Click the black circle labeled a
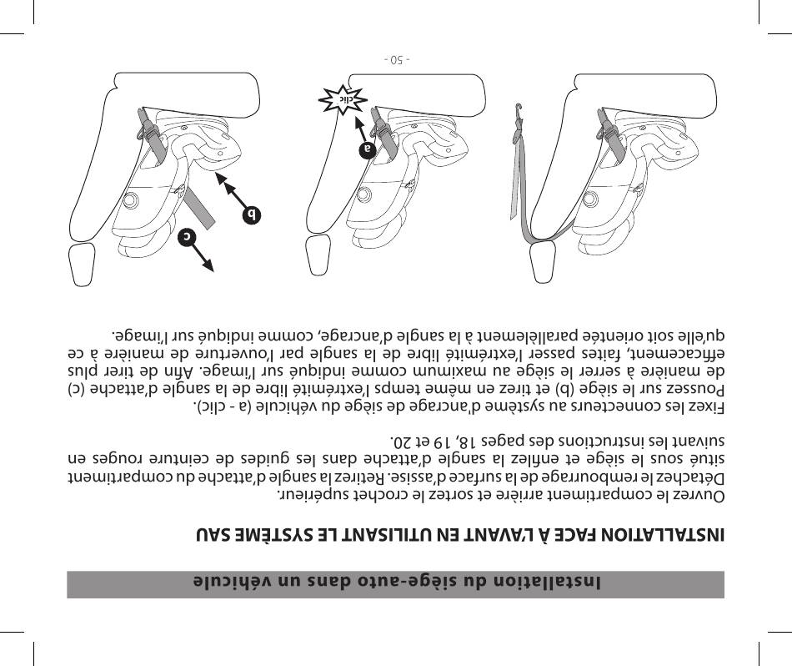(x=368, y=149)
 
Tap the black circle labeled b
(x=251, y=215)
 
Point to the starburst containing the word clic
(x=343, y=98)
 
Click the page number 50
(x=397, y=60)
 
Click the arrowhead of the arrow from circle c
(x=208, y=265)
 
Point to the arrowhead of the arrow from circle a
(x=357, y=124)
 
